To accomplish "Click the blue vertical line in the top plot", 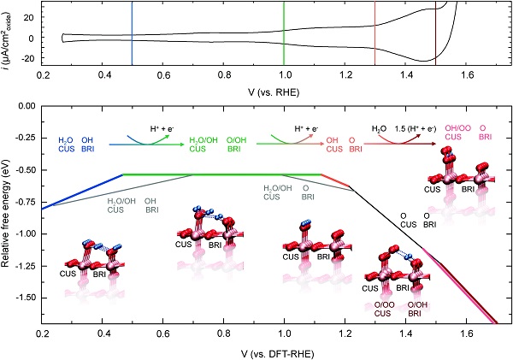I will tap(132, 34).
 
